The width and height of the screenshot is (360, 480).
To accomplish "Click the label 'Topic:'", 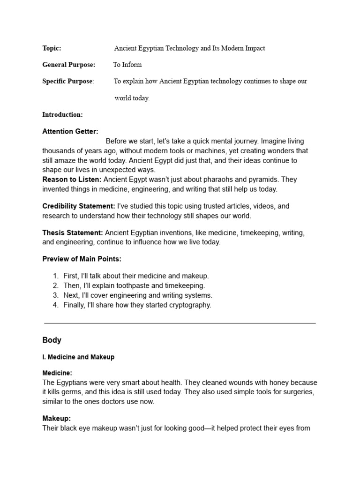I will [x=52, y=48].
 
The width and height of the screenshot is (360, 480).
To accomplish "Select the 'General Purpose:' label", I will [x=68, y=65].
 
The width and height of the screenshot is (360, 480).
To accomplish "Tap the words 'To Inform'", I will [x=127, y=65].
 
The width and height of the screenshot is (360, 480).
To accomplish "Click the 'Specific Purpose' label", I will [x=67, y=81].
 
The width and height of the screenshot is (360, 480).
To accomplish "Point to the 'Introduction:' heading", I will [x=62, y=114].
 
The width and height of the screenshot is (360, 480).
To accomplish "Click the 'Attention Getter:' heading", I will [x=70, y=132].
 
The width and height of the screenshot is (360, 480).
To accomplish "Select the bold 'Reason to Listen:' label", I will [x=71, y=180].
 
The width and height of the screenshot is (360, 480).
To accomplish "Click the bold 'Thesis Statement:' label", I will [x=73, y=232].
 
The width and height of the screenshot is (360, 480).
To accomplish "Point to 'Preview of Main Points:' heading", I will [x=82, y=259].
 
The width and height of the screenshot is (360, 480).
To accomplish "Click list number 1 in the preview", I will [x=55, y=276].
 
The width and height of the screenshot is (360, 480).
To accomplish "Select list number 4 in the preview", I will [x=55, y=305].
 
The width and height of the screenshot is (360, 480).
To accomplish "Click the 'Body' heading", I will [x=52, y=340].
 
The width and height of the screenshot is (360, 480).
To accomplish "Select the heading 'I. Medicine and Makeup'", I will [x=78, y=357].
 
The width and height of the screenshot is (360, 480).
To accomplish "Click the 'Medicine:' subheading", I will [x=57, y=373].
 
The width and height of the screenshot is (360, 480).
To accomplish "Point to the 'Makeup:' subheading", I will [x=56, y=419].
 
